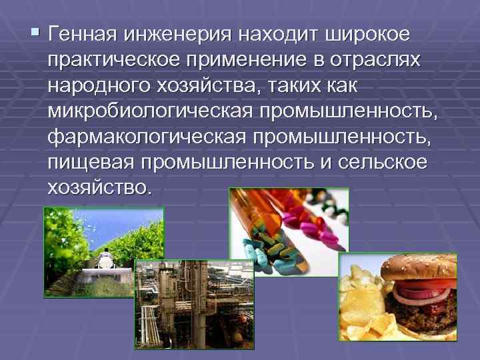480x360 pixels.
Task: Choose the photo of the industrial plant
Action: [194, 303]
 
